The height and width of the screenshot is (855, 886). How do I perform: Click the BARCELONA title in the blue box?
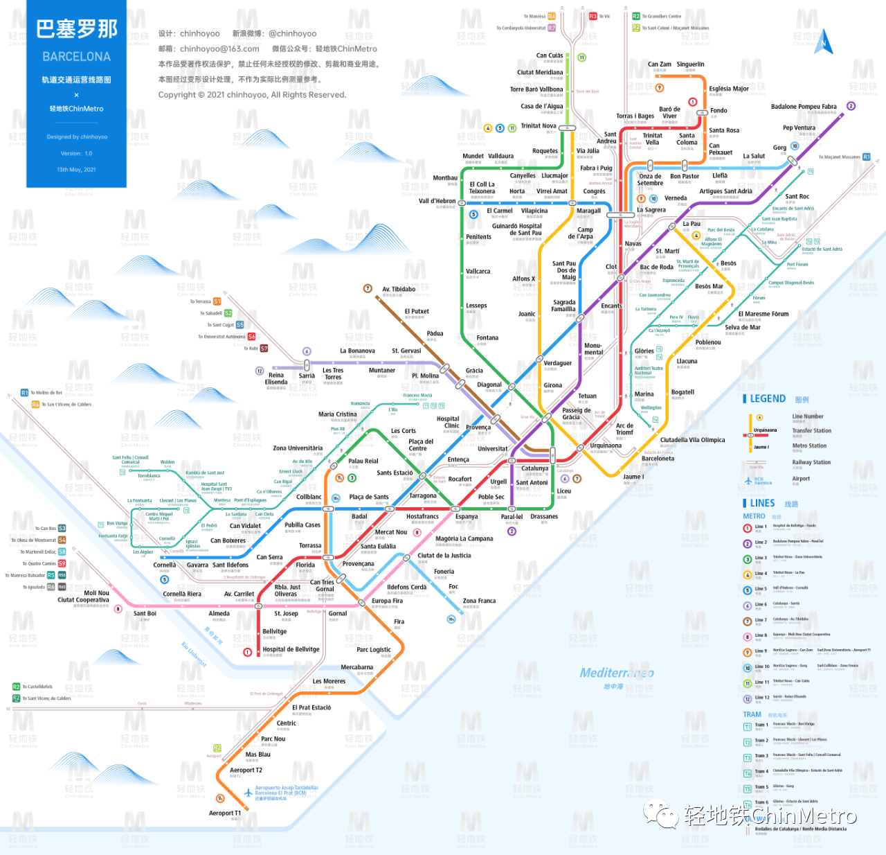pos(76,57)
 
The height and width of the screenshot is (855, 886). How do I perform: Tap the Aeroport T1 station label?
pos(225,813)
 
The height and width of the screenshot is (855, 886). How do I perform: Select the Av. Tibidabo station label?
pos(399,289)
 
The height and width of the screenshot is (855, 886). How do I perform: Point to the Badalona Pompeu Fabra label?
pos(804,107)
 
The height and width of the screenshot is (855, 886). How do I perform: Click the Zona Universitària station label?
pos(298,448)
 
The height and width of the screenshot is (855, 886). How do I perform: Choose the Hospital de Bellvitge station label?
pos(291,650)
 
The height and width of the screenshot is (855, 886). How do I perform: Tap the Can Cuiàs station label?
pos(550,55)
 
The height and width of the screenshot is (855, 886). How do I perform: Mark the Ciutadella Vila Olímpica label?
pos(692,440)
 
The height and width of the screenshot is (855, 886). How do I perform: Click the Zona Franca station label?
pos(479,601)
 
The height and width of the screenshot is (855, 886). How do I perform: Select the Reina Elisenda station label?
pos(276,378)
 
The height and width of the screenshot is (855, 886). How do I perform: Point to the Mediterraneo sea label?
pos(616,673)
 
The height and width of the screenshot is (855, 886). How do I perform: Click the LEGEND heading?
pos(768,399)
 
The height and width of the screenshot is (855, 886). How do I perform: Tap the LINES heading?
pos(762,504)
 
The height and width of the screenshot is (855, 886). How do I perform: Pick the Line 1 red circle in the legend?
pos(748,528)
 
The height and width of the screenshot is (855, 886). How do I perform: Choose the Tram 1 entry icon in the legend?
pos(748,727)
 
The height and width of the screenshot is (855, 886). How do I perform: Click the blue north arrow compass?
pos(824,43)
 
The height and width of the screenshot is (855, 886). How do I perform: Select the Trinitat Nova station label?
pos(539,126)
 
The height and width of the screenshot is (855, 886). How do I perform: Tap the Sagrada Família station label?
pos(563,306)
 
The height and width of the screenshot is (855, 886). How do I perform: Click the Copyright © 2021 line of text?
pos(252,95)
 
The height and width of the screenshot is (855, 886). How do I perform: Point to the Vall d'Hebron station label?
pos(437,201)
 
